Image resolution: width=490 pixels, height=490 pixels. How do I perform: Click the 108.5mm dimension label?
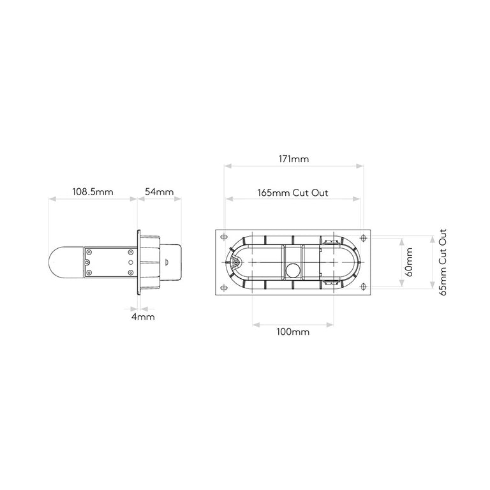(93, 191)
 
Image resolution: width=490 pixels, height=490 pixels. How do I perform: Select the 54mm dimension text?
(159, 191)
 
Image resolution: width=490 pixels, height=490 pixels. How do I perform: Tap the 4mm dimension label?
(143, 317)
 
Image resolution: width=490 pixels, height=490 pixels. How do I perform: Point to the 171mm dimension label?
(293, 159)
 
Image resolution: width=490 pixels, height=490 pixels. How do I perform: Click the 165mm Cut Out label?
(293, 193)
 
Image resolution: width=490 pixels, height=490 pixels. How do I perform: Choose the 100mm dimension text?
(293, 332)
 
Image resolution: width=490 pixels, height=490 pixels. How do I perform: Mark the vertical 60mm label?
(410, 262)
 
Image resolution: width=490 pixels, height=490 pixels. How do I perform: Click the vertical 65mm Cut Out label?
(443, 262)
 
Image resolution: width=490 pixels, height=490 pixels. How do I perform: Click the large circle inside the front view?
(293, 270)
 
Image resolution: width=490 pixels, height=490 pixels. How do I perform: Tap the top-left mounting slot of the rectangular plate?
(224, 237)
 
